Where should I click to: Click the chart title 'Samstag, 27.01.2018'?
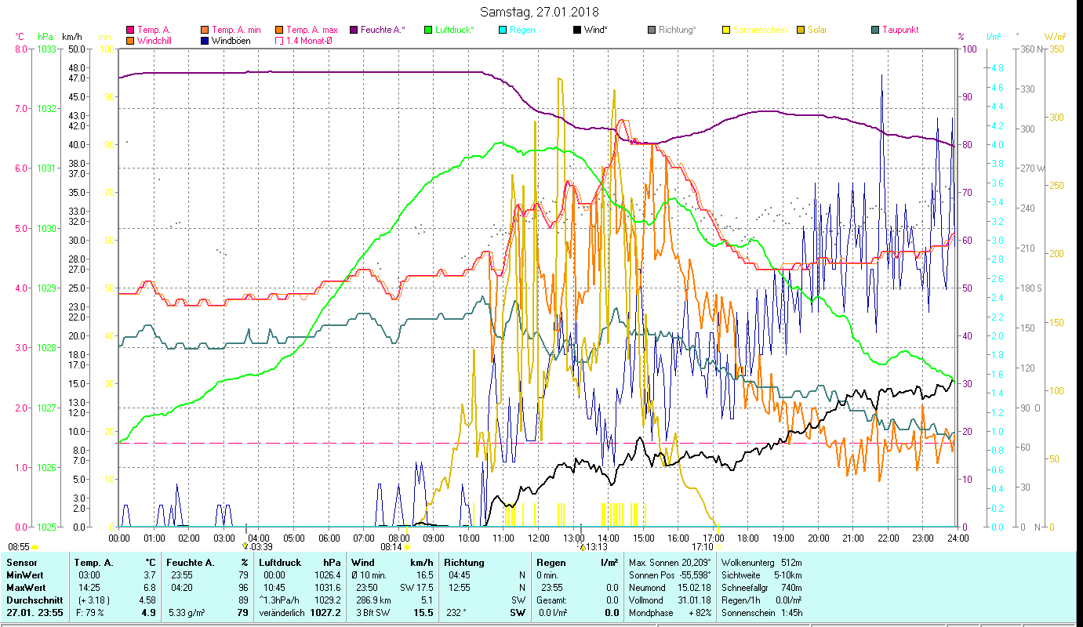pyautogui.click(x=541, y=13)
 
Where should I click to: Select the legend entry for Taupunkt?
pyautogui.click(x=899, y=30)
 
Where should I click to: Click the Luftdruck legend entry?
pyautogui.click(x=454, y=30)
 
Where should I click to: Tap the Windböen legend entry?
pyautogui.click(x=231, y=41)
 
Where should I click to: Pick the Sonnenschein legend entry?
pyautogui.click(x=760, y=30)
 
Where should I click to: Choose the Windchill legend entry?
pyautogui.click(x=157, y=41)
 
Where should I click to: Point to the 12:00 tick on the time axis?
pyautogui.click(x=539, y=538)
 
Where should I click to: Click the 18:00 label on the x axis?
pyautogui.click(x=749, y=538)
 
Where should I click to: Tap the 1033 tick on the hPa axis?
pyautogui.click(x=46, y=49)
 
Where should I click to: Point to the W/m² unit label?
pyautogui.click(x=1055, y=36)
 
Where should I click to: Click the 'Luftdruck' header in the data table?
pyautogui.click(x=279, y=563)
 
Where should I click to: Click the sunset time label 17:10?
pyautogui.click(x=703, y=546)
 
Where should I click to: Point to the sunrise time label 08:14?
pyautogui.click(x=391, y=546)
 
